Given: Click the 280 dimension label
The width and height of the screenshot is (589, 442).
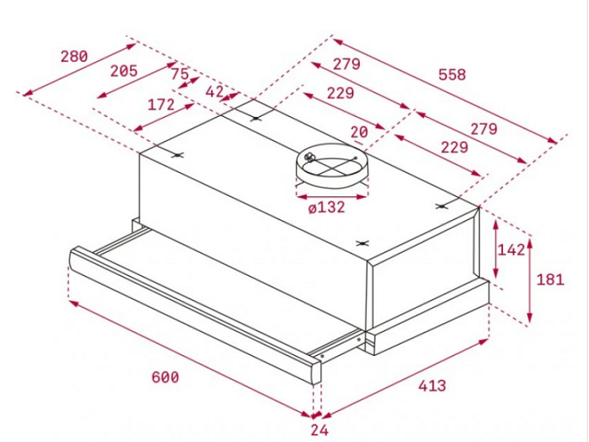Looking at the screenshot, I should point(74,56).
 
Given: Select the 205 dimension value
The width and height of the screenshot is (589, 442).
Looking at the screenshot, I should point(124,71).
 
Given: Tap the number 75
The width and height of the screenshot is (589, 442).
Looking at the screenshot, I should point(179,74).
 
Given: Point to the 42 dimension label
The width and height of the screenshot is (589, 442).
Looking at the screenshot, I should point(214,92).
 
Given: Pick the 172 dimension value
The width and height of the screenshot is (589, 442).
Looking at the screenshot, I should point(161,104).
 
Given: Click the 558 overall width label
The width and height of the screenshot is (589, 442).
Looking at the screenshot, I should point(452,74).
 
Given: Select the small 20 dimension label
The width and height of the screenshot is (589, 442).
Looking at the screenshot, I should point(359,132).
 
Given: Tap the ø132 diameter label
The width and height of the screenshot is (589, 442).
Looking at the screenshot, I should point(326,208).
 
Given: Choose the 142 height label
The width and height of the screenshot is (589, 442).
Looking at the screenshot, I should point(511,249).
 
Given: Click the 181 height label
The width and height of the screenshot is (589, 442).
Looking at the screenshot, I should point(550,279).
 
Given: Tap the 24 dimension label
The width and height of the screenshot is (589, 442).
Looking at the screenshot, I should point(318,430).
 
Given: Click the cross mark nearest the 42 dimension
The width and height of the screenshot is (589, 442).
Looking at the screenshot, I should point(255,118).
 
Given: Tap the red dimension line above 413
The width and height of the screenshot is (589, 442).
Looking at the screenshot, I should point(405,377).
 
